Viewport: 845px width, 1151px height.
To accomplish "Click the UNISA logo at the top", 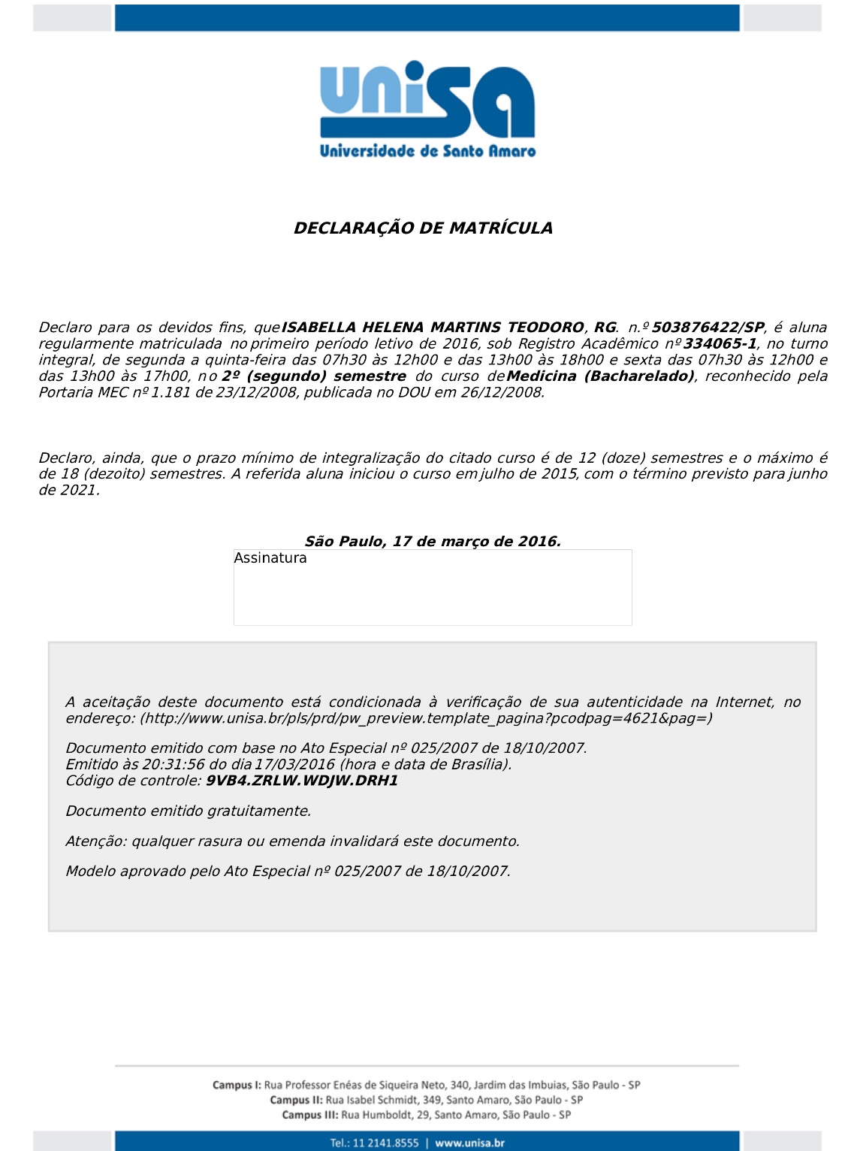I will pyautogui.click(x=427, y=108).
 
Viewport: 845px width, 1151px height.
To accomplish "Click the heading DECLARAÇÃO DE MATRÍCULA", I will pyautogui.click(x=423, y=228).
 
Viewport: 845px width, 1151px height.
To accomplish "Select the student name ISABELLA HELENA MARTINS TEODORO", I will pyautogui.click(x=432, y=328).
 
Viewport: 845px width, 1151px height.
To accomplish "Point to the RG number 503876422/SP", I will pyautogui.click(x=708, y=328).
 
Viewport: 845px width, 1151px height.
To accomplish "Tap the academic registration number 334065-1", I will pyautogui.click(x=720, y=344).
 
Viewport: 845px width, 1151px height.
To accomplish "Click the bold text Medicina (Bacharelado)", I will pyautogui.click(x=600, y=376).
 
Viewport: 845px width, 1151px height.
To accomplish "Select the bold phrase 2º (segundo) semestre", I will pyautogui.click(x=313, y=376).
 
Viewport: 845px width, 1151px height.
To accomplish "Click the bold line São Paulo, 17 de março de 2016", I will pyautogui.click(x=433, y=542).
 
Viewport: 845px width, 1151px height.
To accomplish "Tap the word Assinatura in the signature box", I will pyautogui.click(x=270, y=558).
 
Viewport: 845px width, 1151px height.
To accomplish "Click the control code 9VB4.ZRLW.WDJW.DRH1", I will pyautogui.click(x=302, y=781).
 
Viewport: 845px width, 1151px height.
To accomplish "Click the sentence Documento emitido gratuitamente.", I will pyautogui.click(x=189, y=811).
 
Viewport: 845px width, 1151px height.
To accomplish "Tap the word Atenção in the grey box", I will pyautogui.click(x=95, y=841).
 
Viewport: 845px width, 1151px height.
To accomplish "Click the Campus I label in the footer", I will pyautogui.click(x=237, y=1086).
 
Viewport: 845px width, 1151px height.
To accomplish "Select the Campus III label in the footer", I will pyautogui.click(x=310, y=1116).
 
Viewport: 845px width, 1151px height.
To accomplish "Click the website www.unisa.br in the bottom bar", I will pyautogui.click(x=469, y=1143).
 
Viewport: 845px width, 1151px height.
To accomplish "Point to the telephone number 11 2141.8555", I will pyautogui.click(x=385, y=1143).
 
